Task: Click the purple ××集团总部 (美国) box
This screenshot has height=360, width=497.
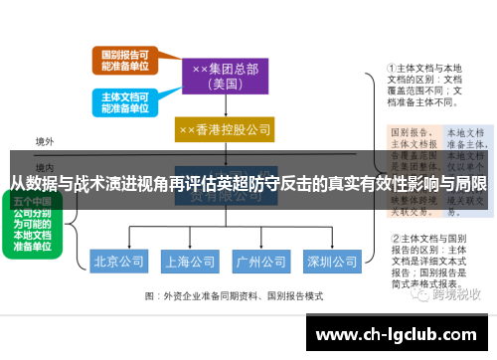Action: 225,76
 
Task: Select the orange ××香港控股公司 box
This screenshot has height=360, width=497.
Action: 225,130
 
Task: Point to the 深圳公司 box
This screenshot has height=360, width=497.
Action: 332,263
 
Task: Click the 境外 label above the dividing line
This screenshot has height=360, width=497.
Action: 45,142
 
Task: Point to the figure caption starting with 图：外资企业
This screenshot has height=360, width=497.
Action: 234,296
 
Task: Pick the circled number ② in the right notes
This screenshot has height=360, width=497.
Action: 395,239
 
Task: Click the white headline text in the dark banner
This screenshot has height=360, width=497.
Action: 248,183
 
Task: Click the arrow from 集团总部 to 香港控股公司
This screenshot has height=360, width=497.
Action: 225,106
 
